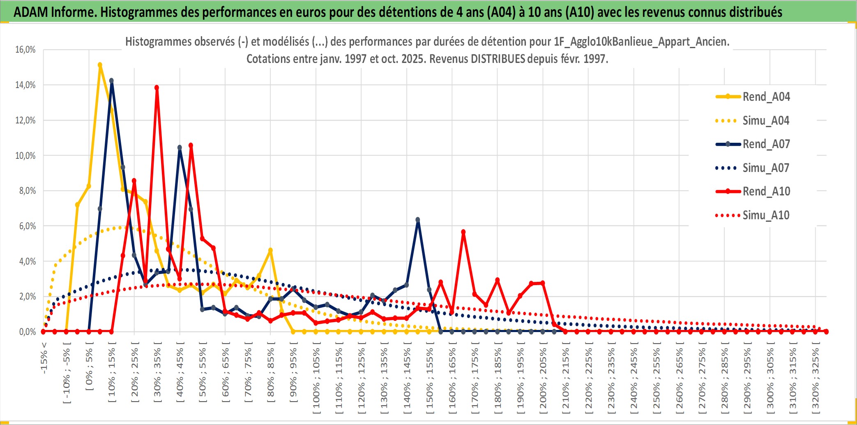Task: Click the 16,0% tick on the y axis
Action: tap(25, 50)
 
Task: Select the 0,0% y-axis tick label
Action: tap(27, 332)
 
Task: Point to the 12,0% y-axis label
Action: tap(25, 121)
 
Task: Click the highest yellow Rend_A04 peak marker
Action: tap(100, 65)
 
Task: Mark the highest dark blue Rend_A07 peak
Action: tap(111, 81)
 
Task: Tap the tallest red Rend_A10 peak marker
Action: tap(157, 88)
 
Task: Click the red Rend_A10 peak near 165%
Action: tap(463, 232)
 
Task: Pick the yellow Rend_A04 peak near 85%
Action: tap(270, 250)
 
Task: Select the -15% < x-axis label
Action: tap(44, 358)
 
